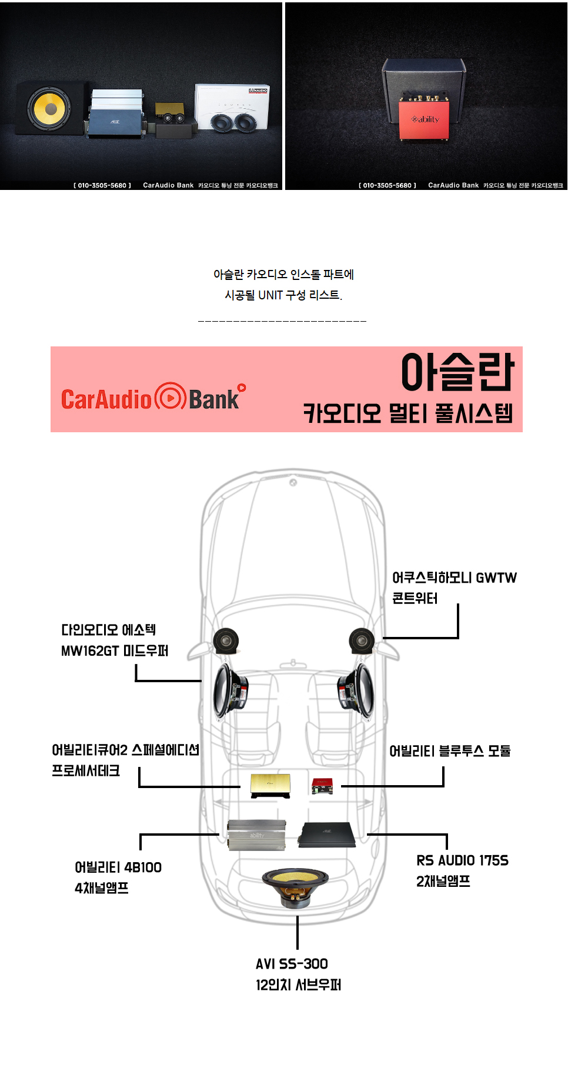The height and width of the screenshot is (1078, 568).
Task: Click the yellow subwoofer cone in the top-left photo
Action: pos(49,108)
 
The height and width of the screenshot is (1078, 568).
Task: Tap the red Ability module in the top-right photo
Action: pos(424,119)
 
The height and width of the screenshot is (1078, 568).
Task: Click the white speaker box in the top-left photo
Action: pos(232,106)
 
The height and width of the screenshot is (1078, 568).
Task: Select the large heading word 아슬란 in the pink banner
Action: pos(457,372)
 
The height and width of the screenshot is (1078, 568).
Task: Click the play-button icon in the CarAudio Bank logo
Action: pos(170,398)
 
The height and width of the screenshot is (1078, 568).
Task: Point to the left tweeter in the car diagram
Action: pos(226,641)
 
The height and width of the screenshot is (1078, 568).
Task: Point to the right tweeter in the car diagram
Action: pos(362,641)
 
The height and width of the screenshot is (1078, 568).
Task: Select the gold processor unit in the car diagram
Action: pos(270,785)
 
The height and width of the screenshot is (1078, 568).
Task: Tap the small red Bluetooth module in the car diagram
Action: pos(322,785)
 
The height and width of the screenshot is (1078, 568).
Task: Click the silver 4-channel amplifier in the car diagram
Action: pos(257,835)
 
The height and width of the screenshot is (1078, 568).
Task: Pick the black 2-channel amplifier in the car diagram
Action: pos(327,835)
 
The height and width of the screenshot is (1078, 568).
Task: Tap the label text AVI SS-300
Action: pos(292,964)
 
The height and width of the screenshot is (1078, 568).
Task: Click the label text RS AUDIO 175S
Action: pos(462,860)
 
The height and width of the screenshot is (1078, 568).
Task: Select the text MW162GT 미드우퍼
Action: pos(115,651)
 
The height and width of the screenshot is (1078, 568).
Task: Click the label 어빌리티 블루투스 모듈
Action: pos(450,751)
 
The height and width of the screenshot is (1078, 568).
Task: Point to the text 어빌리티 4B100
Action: pos(118,867)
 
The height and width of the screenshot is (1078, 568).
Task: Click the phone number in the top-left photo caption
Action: pos(102,185)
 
